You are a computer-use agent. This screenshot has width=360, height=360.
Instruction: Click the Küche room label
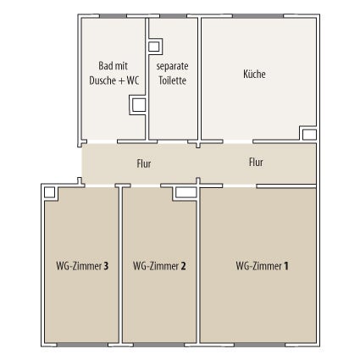(254, 74)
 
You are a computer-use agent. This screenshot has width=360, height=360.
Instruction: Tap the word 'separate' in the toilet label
(172, 66)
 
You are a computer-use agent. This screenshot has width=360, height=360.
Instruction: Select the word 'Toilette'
(172, 80)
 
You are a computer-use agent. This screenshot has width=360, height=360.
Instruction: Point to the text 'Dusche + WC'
(114, 80)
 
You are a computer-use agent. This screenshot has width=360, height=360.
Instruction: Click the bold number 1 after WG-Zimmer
(286, 266)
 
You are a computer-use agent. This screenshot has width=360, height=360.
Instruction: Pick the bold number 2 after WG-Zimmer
(183, 266)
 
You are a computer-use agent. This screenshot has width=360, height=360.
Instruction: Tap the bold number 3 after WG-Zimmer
(106, 266)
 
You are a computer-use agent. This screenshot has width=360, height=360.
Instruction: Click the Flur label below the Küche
(256, 163)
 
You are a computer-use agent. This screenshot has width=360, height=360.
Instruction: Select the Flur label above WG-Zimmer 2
(144, 163)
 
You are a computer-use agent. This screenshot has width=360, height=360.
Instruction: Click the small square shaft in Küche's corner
(309, 135)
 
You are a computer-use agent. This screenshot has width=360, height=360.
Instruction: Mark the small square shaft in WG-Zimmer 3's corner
(49, 192)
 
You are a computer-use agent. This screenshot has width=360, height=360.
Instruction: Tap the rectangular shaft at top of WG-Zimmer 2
(186, 192)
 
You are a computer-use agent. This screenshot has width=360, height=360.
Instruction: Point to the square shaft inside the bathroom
(139, 105)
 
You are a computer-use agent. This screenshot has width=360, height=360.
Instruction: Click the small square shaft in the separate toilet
(153, 47)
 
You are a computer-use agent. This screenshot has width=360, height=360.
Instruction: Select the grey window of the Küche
(258, 16)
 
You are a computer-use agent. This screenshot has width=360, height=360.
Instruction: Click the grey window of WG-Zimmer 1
(259, 345)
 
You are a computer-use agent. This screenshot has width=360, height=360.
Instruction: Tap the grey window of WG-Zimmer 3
(82, 345)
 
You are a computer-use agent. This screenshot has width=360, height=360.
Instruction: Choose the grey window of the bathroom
(113, 16)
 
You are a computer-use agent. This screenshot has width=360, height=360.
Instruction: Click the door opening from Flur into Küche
(238, 141)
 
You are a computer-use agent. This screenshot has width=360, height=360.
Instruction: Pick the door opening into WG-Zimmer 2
(146, 186)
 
